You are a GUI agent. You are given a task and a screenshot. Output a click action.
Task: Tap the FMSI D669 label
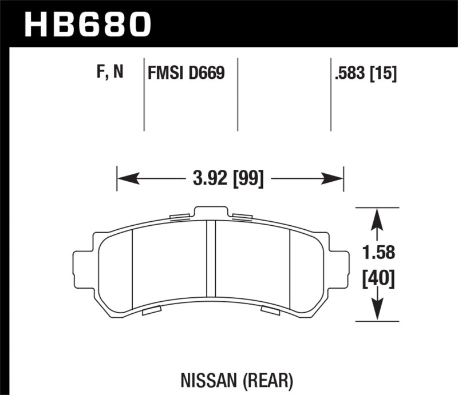coord(185,73)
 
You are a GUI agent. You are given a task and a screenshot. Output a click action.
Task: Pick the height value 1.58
coord(378,252)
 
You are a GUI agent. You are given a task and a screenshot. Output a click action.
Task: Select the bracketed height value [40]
coord(378,280)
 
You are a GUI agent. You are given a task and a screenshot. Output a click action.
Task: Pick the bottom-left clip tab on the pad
coord(151,311)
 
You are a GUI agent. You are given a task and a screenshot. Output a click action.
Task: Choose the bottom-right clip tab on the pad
coord(270,310)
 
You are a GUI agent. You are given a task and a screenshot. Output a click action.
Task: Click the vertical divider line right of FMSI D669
coord(237,94)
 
